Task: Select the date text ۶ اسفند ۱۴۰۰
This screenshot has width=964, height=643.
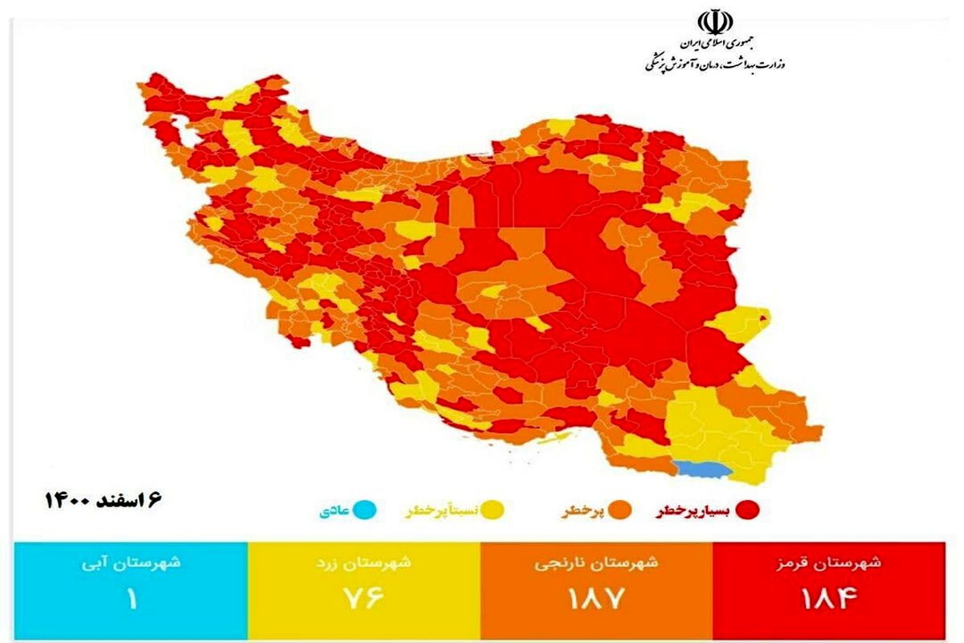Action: [104, 500]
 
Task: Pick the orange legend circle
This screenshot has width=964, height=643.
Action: [619, 510]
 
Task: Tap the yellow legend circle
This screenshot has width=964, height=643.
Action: [493, 510]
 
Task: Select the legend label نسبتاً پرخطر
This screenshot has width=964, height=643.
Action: [440, 510]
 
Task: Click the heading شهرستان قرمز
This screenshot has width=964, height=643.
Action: [835, 563]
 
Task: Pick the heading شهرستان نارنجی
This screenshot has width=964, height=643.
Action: [596, 563]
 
